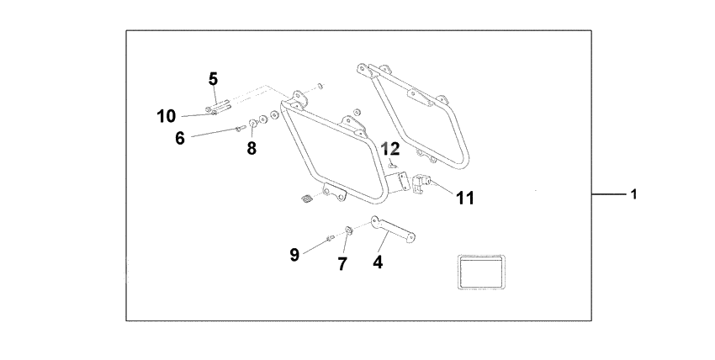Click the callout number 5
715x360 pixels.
[x=213, y=79]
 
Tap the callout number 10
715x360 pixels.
[x=166, y=116]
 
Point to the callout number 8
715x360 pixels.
[x=252, y=148]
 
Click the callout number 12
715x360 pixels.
[x=389, y=149]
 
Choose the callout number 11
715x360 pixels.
[x=465, y=198]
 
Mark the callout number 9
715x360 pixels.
[x=294, y=254]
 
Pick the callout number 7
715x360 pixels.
[x=342, y=263]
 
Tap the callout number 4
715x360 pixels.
[x=378, y=262]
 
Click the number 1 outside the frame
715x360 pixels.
[x=633, y=194]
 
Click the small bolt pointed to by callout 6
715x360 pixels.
[x=240, y=129]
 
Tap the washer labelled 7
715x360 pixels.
[x=348, y=230]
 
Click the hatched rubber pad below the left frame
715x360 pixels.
[x=306, y=199]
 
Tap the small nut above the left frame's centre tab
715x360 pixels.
[x=357, y=111]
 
